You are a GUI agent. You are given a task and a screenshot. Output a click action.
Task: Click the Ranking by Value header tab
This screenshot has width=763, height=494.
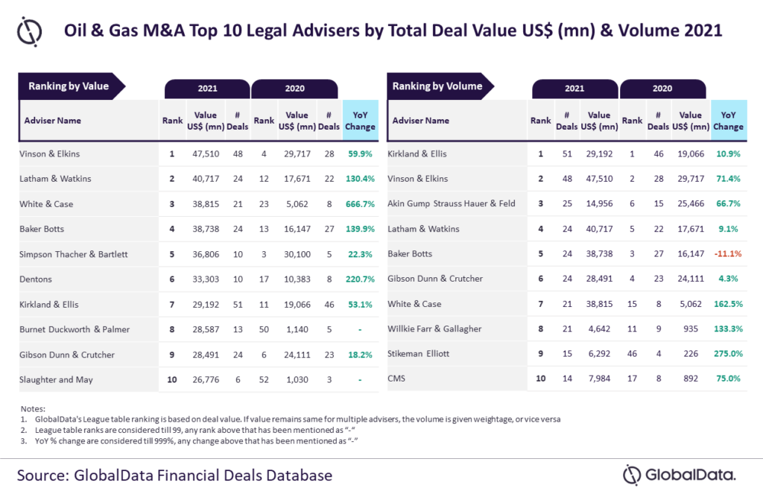(69, 86)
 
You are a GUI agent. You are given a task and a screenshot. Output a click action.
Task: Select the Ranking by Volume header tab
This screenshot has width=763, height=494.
(437, 86)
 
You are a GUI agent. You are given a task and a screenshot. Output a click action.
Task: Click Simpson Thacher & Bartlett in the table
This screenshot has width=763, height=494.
(74, 254)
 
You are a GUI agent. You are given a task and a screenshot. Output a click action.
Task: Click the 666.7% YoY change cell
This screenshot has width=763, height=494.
(361, 203)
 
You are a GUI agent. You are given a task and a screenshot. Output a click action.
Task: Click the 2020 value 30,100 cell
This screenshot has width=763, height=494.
(297, 254)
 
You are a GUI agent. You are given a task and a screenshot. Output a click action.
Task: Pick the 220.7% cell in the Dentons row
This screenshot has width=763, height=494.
(361, 279)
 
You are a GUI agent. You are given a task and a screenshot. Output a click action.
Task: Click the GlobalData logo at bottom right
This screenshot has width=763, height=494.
(680, 474)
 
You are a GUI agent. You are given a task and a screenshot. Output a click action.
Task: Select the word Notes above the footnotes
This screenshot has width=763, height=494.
(33, 408)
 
